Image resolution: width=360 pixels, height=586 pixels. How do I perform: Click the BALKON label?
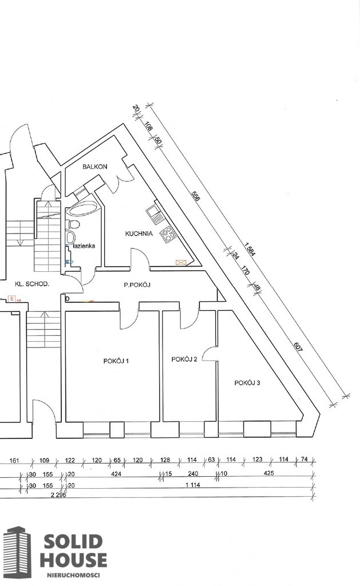95,167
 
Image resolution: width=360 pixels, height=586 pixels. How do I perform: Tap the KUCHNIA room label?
139,233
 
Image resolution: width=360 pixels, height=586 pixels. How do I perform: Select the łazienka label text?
84,246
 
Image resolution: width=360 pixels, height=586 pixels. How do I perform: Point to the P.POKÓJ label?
137,285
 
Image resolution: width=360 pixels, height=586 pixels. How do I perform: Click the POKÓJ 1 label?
116,361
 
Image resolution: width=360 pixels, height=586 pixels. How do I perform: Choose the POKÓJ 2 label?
184,359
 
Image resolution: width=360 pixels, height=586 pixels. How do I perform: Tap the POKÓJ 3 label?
247,383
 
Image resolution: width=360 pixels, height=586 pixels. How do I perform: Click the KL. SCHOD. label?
32,284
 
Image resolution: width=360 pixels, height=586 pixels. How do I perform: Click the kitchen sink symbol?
153,212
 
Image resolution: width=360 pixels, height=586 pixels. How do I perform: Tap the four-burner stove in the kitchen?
168,234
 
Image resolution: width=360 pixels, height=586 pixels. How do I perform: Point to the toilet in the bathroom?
72,224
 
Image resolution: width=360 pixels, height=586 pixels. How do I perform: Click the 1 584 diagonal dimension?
250,250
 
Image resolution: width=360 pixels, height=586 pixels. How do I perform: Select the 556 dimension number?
196,196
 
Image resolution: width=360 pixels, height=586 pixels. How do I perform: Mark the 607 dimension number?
298,347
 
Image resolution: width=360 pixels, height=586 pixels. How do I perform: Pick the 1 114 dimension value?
193,485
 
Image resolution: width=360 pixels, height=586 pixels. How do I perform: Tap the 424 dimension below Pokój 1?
117,473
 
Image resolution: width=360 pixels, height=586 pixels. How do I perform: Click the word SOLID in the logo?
73,542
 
